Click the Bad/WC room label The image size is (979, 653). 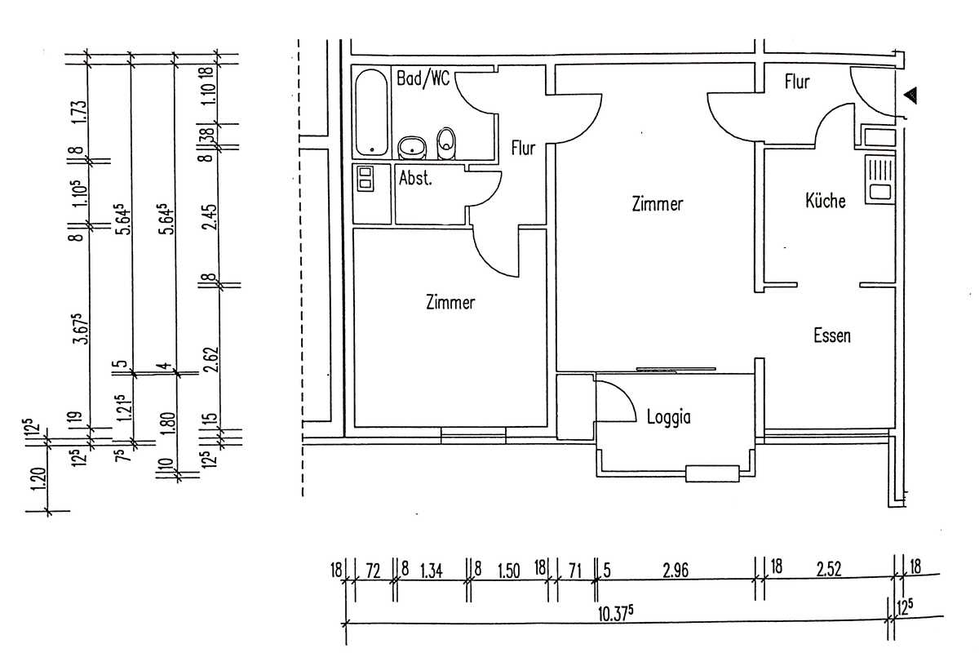tap(423, 79)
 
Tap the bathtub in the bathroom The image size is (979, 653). tap(371, 113)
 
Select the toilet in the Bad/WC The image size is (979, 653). tap(446, 143)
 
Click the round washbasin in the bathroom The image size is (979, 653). tap(412, 148)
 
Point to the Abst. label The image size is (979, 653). tap(415, 178)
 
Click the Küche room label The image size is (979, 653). tap(825, 201)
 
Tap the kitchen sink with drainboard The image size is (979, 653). tap(880, 180)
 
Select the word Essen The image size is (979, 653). tap(832, 336)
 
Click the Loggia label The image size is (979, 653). tap(669, 417)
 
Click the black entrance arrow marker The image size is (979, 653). tap(910, 96)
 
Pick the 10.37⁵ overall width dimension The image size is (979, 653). tap(615, 613)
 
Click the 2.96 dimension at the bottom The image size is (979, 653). tap(676, 571)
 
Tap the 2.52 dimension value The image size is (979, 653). tap(829, 569)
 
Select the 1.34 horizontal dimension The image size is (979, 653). tap(432, 571)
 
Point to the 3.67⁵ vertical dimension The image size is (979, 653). tap(81, 328)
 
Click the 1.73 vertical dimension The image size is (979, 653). tap(80, 113)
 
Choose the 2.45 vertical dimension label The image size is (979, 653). tap(210, 217)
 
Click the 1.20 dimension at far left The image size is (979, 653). tap(39, 480)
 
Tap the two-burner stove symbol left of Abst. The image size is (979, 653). tap(365, 179)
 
